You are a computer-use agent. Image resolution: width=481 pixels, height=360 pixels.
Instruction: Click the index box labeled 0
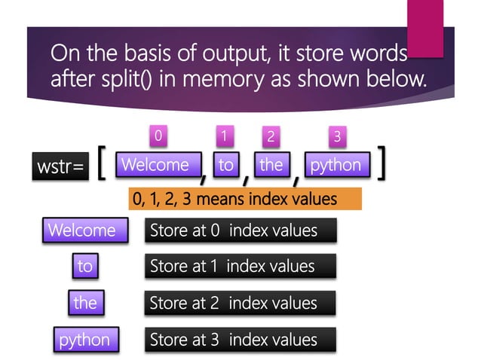coord(158,136)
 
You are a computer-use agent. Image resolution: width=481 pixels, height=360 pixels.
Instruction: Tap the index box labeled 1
coord(223,136)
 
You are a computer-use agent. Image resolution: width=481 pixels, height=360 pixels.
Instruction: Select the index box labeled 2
coord(271,137)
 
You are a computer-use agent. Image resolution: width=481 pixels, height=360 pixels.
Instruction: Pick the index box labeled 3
coord(337,136)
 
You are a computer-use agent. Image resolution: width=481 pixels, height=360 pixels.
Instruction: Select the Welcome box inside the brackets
coord(155,164)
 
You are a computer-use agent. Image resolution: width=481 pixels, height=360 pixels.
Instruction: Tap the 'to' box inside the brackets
coord(225,164)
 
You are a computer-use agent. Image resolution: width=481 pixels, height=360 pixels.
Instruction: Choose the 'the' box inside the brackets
coord(270,164)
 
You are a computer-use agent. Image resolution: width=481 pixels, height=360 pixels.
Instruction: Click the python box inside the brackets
coord(336,164)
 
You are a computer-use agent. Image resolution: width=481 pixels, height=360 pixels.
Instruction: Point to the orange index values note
coord(245,200)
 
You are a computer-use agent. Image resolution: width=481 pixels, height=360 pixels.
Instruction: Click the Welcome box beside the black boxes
coord(82,230)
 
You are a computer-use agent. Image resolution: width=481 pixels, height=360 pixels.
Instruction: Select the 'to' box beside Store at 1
coord(84,266)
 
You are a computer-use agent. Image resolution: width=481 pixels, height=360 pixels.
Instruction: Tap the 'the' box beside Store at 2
coord(84,303)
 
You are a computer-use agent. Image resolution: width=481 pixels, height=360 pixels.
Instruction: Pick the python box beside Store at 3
coord(84,340)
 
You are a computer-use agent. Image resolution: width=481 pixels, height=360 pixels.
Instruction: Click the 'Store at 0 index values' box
coord(240,230)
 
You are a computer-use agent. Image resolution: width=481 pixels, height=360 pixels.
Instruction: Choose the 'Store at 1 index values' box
coord(240,267)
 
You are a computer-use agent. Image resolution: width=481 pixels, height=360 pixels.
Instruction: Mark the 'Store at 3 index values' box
coord(240,340)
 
